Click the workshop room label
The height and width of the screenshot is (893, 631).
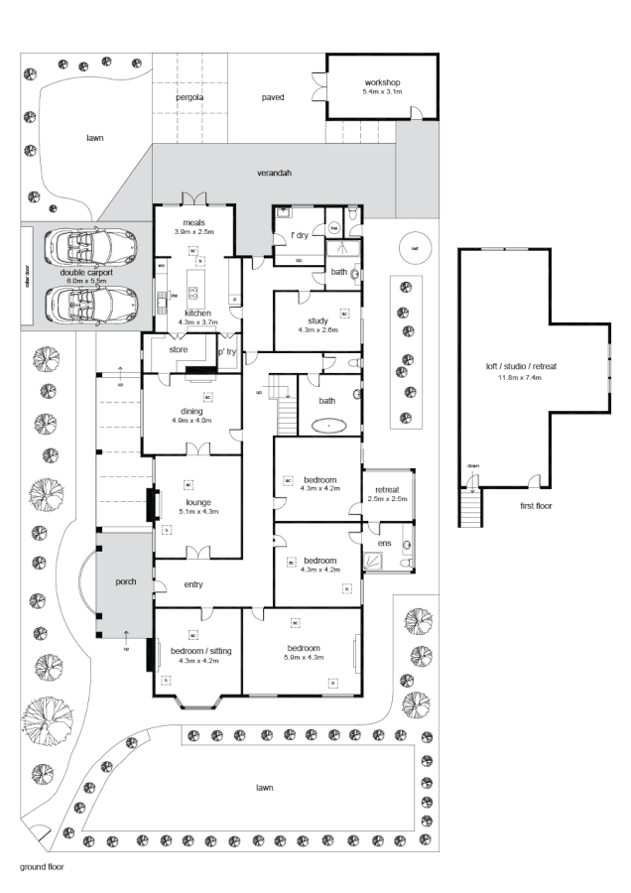382,81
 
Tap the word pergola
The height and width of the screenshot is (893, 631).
189,97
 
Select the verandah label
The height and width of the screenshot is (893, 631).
275,174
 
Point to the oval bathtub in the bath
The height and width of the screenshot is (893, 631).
327,426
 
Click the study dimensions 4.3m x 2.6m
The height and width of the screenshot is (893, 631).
317,329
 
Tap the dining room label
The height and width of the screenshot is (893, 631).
192,411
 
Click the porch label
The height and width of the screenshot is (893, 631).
126,580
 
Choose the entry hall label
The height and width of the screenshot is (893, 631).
192,584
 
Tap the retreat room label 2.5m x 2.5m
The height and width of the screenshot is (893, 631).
387,499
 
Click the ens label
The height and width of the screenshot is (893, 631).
385,543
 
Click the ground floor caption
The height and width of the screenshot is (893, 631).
42,865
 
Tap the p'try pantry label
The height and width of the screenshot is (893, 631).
227,351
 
